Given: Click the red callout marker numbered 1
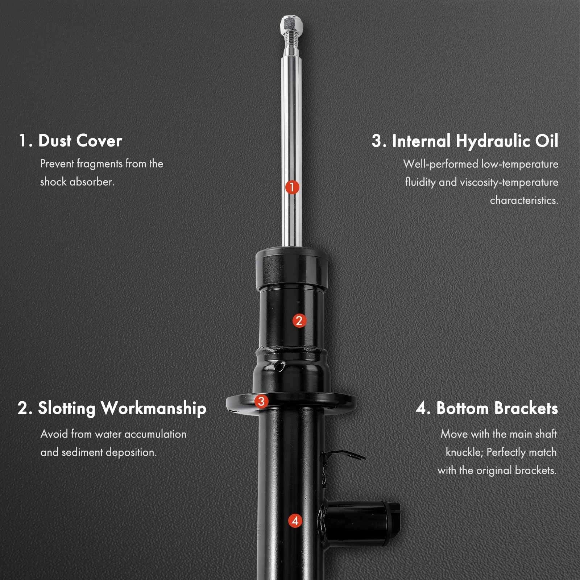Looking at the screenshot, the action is pos(292,187).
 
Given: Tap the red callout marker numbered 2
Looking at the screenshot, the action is pos(299,320).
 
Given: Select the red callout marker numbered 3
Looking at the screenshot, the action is pos(261,401).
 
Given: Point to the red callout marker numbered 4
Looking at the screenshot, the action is pos(295,521).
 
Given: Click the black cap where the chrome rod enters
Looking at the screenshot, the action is pos(292,268).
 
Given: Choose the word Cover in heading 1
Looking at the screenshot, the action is pos(99,141).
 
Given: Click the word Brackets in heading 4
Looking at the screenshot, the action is pos(526,408).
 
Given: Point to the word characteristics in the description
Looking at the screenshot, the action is pos(524,200).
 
